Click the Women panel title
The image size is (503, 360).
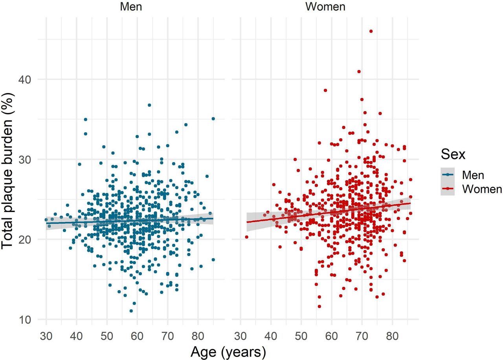click(x=325, y=7)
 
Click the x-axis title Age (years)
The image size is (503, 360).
click(x=228, y=352)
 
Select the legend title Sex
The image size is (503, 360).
click(x=452, y=154)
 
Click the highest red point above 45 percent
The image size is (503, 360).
click(x=371, y=31)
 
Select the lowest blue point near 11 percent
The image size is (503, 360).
click(x=131, y=311)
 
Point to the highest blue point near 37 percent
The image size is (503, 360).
click(x=149, y=105)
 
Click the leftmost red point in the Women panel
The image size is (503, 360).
click(x=247, y=237)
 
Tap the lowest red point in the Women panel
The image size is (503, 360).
click(x=319, y=307)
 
